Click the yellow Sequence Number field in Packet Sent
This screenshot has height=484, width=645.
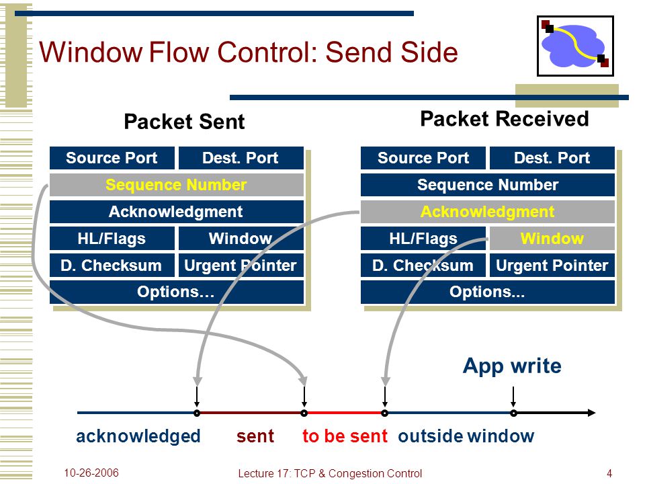177,185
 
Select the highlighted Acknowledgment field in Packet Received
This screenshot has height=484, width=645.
488,212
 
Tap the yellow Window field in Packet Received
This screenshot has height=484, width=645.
552,238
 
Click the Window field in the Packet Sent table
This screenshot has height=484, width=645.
241,238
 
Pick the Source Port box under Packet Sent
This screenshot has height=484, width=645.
112,158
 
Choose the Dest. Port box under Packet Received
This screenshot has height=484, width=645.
552,158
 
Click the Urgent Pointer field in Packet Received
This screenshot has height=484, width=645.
552,266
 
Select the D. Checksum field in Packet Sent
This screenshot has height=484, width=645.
112,266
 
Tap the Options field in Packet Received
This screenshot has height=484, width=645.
488,292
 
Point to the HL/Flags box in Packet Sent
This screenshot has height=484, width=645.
112,238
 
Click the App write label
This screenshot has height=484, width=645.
512,366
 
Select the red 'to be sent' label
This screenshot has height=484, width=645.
345,436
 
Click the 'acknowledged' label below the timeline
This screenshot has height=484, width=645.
138,436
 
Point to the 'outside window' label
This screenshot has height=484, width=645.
466,436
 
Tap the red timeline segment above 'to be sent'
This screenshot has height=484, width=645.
344,413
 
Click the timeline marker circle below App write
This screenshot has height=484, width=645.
513,413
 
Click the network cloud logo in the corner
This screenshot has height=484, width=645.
575,46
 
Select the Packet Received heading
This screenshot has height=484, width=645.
505,119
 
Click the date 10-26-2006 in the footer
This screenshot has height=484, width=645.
91,473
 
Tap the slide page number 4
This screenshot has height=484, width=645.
609,473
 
